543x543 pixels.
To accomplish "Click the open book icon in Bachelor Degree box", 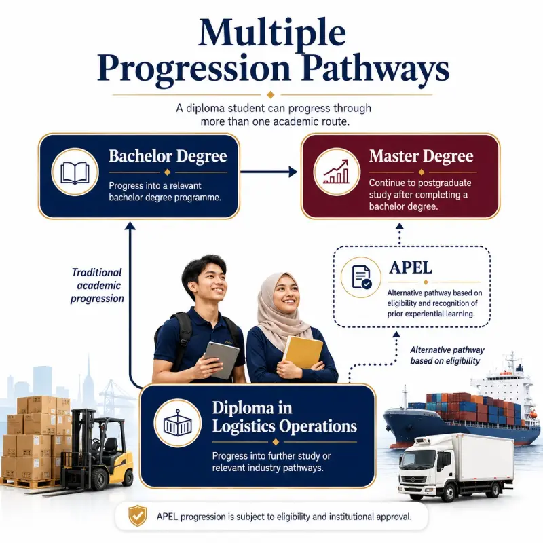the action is point(75,172).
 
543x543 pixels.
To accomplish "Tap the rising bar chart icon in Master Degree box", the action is point(336,172).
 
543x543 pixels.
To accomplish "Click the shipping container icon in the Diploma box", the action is point(178,423).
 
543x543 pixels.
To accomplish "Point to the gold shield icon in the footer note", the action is point(138,516).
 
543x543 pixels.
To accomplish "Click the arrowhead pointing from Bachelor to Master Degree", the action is point(293,172).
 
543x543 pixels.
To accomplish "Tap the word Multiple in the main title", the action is point(272,33).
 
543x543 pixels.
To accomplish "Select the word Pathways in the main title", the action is point(375,69).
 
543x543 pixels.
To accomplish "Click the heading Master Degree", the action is point(421,156).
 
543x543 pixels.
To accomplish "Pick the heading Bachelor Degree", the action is point(168,156).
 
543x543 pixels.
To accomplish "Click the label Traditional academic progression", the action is point(97,285).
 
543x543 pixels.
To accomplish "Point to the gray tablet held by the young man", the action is point(221,360).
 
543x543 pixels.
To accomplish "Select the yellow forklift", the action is point(94,449).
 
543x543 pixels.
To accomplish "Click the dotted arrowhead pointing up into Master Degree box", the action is point(400,226).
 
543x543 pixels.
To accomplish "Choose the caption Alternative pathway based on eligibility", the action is point(447,355).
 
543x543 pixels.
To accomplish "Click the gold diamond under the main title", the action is point(271,94).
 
